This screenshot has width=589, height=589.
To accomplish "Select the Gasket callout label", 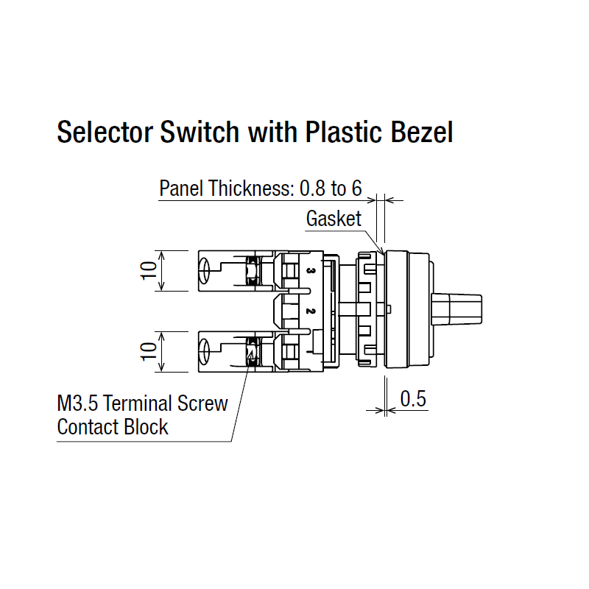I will tap(334, 219).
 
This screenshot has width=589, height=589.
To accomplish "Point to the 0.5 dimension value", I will tap(413, 400).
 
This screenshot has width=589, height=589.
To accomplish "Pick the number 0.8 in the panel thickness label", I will tap(311, 188).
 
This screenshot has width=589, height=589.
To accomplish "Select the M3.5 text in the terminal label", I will tap(76, 403).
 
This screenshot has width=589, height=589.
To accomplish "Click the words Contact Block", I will tap(112, 427).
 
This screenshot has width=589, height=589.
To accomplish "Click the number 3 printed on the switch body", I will tap(311, 273).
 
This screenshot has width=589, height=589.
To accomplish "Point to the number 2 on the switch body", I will tap(311, 311).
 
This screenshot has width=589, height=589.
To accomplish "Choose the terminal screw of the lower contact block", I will tap(252, 351).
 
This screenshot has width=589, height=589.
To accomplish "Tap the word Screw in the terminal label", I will tap(203, 403).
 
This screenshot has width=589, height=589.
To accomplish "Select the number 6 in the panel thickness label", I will tap(356, 188).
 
